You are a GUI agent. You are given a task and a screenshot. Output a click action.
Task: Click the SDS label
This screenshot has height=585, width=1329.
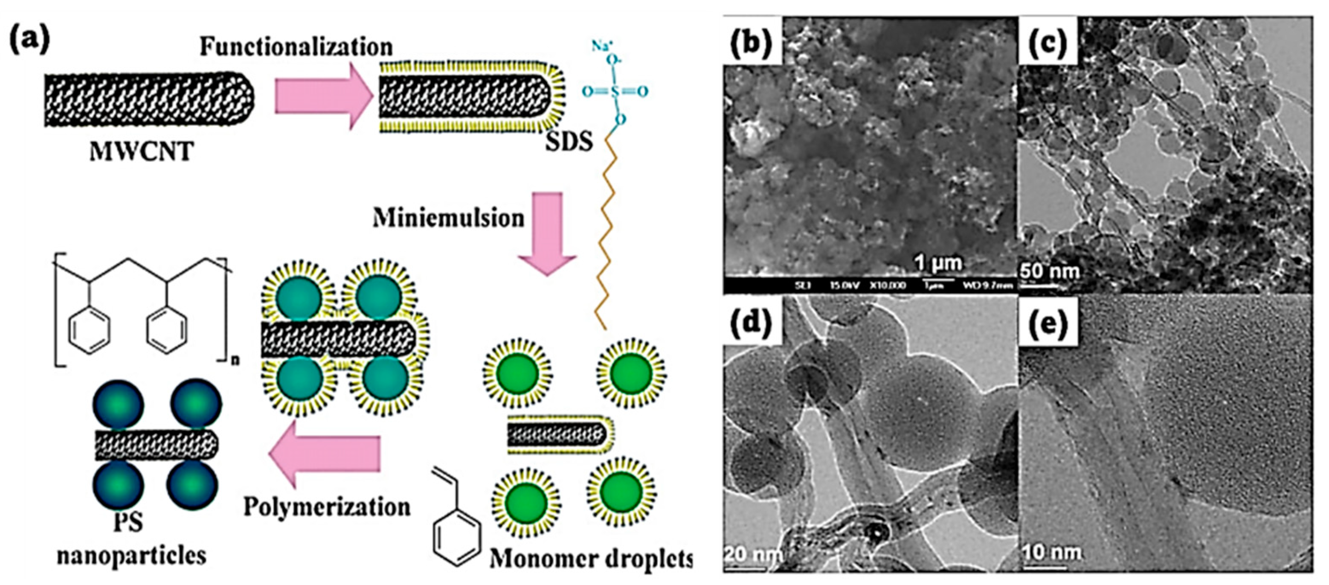tap(569, 140)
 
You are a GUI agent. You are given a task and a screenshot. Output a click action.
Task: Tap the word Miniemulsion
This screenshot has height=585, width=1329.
tap(448, 218)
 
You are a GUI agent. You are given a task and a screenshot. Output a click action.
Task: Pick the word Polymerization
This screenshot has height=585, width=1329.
tap(327, 506)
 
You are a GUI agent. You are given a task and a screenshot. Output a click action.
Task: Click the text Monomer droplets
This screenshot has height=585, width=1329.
tap(590, 559)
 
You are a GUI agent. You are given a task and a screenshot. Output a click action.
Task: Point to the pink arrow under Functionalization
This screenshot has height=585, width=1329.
tap(322, 96)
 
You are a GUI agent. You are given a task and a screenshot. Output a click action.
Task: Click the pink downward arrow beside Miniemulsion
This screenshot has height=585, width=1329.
tap(547, 233)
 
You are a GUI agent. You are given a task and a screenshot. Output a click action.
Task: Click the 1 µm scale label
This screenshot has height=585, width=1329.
tap(938, 263)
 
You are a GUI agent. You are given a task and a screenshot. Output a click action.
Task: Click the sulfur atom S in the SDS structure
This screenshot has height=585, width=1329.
tap(615, 92)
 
